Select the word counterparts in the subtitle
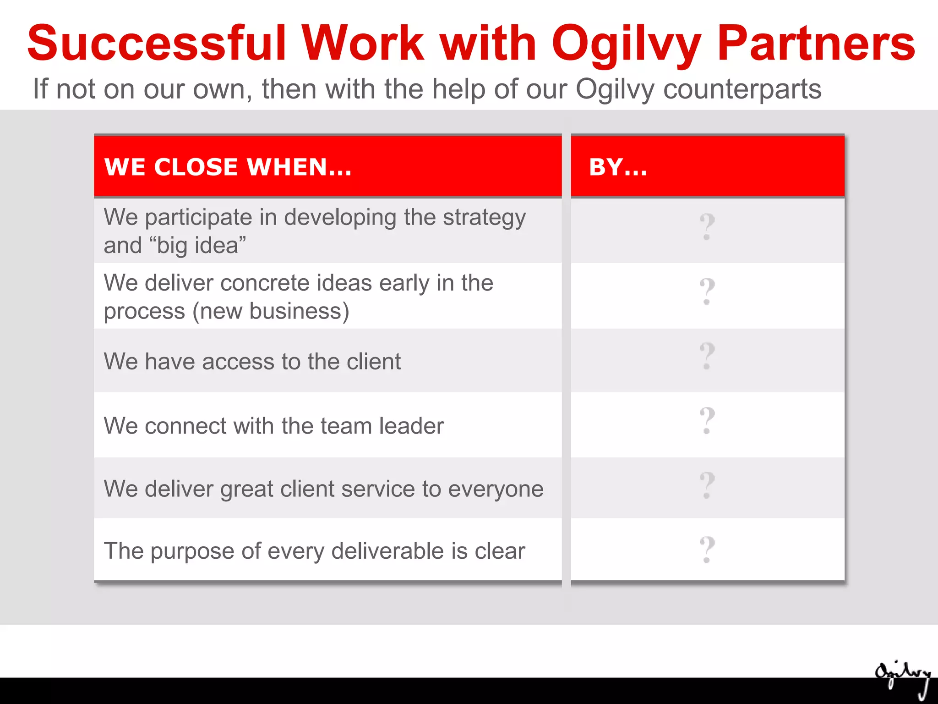click(x=742, y=89)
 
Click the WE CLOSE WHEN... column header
click(x=228, y=167)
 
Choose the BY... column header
click(x=618, y=167)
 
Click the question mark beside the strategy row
click(x=707, y=227)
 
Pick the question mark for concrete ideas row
click(x=707, y=291)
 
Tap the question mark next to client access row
click(x=707, y=356)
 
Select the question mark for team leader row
click(x=707, y=421)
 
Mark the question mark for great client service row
click(x=707, y=485)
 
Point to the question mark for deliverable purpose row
click(x=707, y=550)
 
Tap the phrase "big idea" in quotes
click(x=197, y=246)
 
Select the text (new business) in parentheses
click(x=271, y=311)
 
